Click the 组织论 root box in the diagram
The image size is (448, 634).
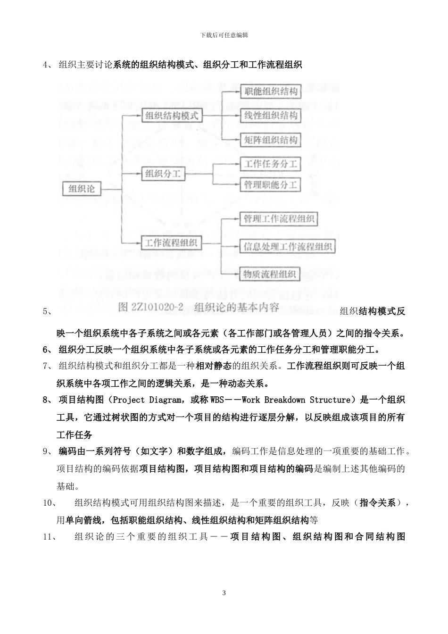pos(82,189)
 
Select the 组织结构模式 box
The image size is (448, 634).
pos(171,115)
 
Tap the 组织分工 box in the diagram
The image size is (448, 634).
pos(163,174)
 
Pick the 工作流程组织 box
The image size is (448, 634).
pos(171,243)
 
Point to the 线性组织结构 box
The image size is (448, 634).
pos(271,116)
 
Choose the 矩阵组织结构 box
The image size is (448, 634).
pos(271,140)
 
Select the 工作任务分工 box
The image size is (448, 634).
pos(271,164)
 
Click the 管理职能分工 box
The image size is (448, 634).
pos(271,185)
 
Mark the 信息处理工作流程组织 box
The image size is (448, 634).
pos(288,247)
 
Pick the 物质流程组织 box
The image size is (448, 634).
pos(270,274)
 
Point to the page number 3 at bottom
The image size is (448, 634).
pos(224,593)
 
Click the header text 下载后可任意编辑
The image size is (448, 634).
pos(224,35)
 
